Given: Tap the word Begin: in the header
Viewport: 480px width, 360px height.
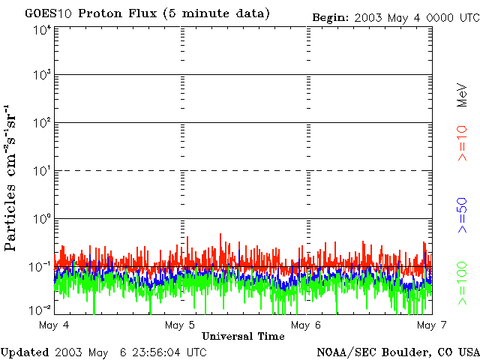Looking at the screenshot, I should pyautogui.click(x=329, y=16).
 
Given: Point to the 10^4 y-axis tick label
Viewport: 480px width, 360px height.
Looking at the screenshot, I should pyautogui.click(x=42, y=29).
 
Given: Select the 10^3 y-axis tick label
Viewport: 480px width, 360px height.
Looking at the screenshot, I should pyautogui.click(x=42, y=76).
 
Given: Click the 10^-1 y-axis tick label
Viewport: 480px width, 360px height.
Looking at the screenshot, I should pyautogui.click(x=41, y=266).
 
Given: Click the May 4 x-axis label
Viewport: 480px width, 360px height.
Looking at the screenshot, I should pyautogui.click(x=53, y=325).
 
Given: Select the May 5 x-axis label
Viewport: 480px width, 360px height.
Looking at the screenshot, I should pyautogui.click(x=179, y=325).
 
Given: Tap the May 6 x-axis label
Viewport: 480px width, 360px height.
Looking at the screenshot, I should pyautogui.click(x=305, y=325).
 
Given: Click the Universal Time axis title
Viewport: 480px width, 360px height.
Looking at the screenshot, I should pyautogui.click(x=243, y=337).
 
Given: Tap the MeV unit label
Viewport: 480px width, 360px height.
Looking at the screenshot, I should pyautogui.click(x=463, y=94).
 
